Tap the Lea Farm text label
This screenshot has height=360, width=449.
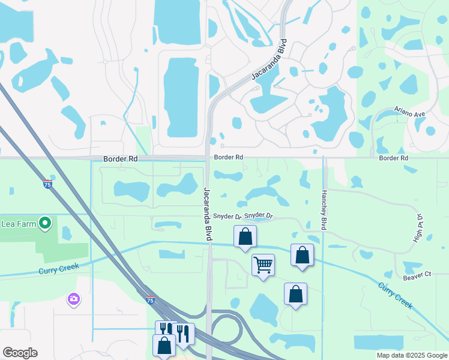(16, 224)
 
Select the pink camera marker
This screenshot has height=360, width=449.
(74, 298)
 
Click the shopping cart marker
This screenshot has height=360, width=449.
(263, 264)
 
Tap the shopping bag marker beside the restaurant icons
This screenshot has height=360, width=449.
(164, 346)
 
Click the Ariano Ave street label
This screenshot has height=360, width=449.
(409, 112)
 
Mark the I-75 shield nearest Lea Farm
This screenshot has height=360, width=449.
(47, 184)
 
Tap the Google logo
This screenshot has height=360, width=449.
(20, 353)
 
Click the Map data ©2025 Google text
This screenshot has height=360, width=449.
(411, 355)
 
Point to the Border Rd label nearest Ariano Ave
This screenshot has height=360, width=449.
(393, 158)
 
